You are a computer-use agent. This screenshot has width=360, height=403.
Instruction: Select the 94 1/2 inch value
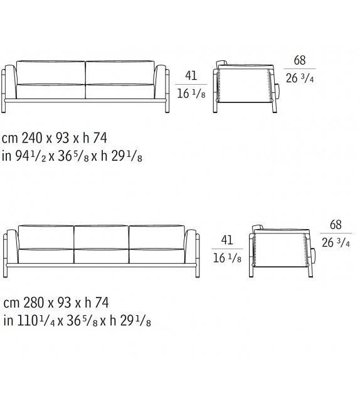[x=27, y=156]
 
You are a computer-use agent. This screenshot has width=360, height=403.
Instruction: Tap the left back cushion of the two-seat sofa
[x=51, y=72]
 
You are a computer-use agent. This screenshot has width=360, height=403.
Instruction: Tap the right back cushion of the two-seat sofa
[x=120, y=72]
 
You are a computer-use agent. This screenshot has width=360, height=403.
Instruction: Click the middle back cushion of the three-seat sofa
[x=101, y=237]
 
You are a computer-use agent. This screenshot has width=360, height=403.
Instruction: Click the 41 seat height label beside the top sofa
[x=191, y=76]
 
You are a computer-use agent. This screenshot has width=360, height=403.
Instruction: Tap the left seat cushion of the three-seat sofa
[x=46, y=255]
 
